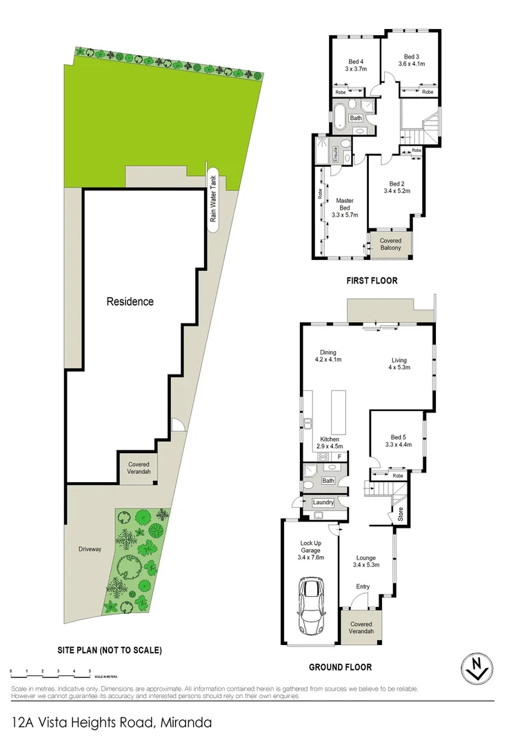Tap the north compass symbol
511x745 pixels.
(477, 668)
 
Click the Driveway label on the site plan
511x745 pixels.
(89, 549)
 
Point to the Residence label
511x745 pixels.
(130, 301)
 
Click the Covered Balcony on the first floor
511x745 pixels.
(390, 244)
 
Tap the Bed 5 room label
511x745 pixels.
(399, 437)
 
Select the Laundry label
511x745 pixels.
(323, 502)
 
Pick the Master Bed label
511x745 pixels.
(344, 204)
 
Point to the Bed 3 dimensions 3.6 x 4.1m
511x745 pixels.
(411, 63)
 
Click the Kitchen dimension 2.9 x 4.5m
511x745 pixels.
(329, 446)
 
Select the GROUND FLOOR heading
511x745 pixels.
(340, 667)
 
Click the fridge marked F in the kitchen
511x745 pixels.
(339, 456)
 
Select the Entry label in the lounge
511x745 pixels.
(363, 586)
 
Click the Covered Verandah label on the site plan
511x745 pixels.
(139, 468)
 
